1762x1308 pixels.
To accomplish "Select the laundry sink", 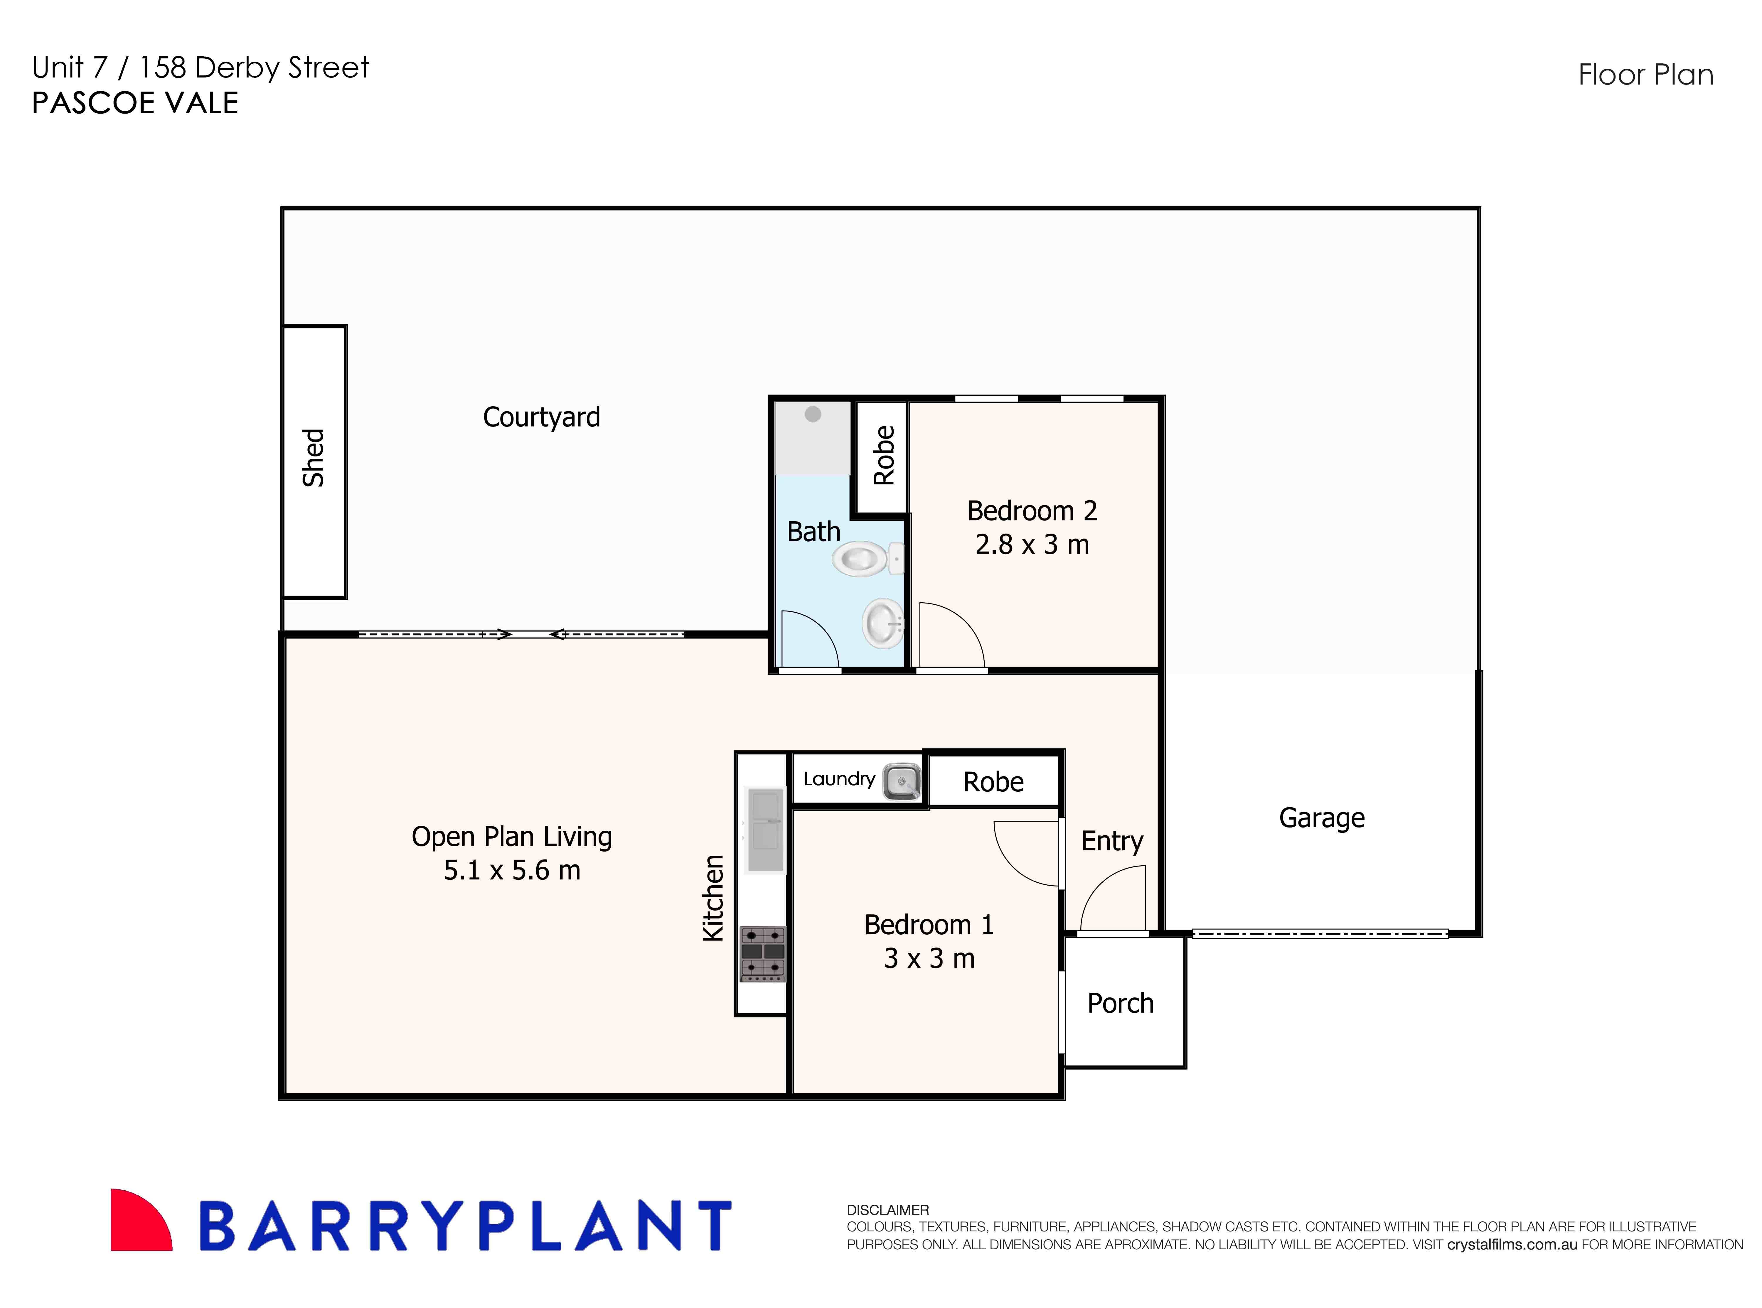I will point(901,781).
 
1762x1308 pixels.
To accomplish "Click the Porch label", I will point(1120,1003).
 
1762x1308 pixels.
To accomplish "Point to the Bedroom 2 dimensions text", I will point(1032,545).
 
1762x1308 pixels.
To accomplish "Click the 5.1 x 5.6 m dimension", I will point(512,870).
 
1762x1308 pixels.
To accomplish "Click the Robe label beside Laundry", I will point(993,782).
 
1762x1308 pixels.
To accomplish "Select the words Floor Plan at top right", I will point(1645,75).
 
